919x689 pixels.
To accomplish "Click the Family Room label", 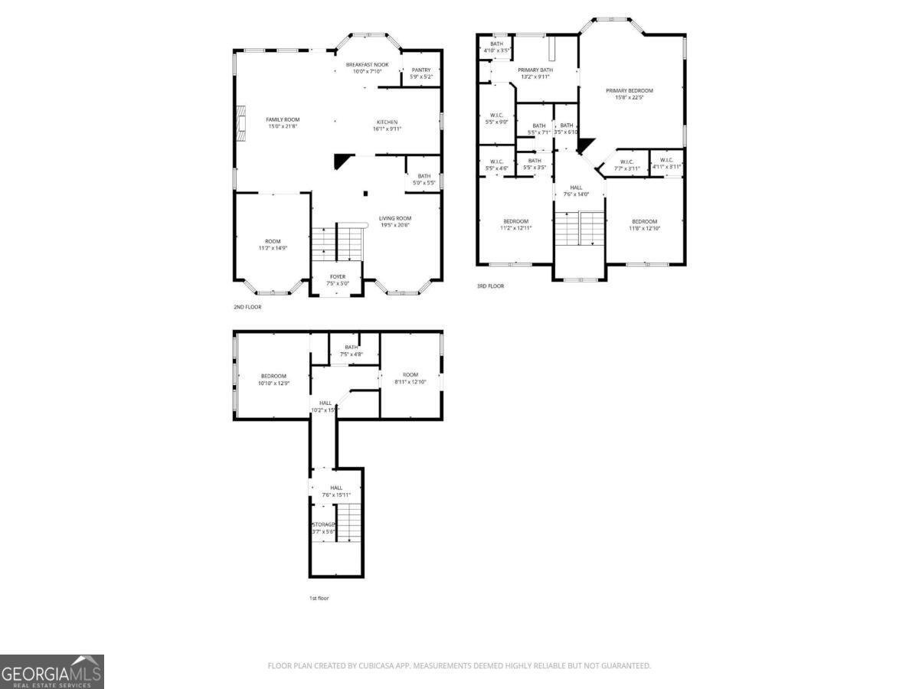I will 283,119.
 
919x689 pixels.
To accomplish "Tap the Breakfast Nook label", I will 367,65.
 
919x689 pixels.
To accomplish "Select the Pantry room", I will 421,73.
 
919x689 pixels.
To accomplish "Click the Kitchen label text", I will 387,122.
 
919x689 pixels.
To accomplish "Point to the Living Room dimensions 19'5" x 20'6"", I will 395,225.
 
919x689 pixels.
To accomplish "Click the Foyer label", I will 338,276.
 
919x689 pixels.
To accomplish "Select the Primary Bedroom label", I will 630,90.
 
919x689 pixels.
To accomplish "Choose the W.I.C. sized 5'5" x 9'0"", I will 496,118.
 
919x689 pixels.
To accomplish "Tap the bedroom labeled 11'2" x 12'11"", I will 515,224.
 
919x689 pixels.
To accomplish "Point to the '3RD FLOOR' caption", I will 490,286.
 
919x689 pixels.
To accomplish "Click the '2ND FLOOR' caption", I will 247,307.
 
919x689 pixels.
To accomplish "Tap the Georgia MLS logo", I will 52,671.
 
